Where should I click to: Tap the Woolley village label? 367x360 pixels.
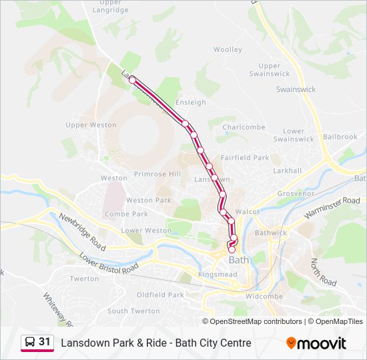pos(228,49)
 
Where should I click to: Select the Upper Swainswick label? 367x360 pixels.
pos(269,70)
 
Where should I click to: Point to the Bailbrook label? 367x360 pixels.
pos(340,137)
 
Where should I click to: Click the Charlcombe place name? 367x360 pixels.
pos(244,127)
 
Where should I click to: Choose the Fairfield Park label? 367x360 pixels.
pos(245,158)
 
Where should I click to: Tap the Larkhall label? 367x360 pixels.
pos(287,171)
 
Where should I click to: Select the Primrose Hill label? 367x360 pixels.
pos(157,174)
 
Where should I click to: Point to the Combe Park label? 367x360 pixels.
pos(126,214)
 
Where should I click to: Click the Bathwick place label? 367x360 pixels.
pos(270,233)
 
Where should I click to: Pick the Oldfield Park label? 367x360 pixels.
pos(160,295)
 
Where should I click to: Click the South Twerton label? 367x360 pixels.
pos(133,311)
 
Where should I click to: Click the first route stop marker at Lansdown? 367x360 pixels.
pos(132,80)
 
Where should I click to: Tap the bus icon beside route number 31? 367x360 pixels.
pos(30,342)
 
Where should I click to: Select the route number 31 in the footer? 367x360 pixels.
pos(45,342)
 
